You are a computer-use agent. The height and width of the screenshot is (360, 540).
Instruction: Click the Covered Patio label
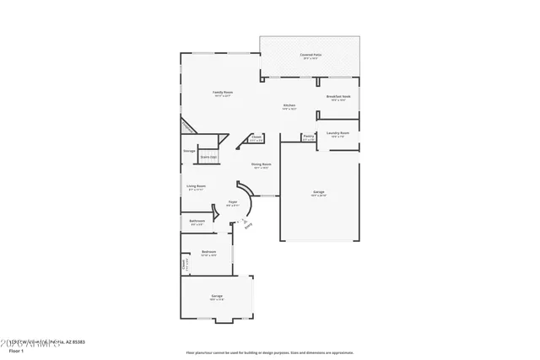point(310,56)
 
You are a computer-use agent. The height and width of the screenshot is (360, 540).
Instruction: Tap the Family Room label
point(223,94)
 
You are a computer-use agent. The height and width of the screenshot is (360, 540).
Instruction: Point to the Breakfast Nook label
point(338,98)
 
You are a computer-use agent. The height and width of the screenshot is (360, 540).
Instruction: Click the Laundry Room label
point(339,134)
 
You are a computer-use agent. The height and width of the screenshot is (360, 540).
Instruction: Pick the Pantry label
point(309,137)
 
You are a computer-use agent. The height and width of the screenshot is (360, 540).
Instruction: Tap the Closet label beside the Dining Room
point(256,137)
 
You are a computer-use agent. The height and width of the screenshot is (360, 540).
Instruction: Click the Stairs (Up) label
point(208,157)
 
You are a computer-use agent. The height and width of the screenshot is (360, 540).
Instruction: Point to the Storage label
point(189,151)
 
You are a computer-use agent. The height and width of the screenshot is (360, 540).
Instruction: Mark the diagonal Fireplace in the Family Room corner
point(187,126)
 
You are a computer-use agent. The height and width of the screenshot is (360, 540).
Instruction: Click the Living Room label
point(196,187)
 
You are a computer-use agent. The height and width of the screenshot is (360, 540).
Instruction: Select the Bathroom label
point(197,223)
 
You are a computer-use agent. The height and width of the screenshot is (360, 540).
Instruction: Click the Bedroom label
point(208,253)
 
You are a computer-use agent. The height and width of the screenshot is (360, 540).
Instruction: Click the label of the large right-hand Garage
point(319,194)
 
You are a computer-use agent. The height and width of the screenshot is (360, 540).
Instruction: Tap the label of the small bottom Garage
point(217,297)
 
